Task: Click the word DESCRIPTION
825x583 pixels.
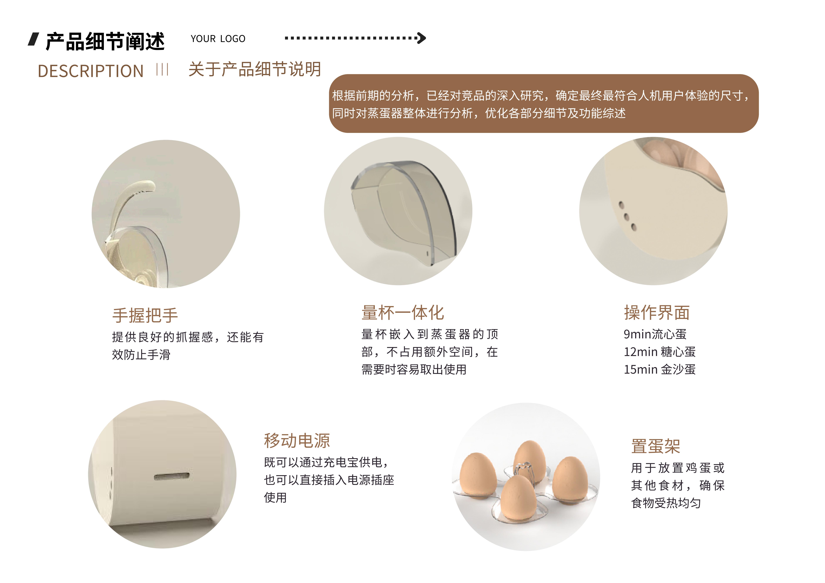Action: (x=91, y=71)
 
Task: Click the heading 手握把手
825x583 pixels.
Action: (x=145, y=315)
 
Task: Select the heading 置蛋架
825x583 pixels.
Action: (x=656, y=446)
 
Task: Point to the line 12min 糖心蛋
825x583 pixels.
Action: (x=660, y=352)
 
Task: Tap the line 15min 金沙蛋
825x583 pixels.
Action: (x=660, y=369)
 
